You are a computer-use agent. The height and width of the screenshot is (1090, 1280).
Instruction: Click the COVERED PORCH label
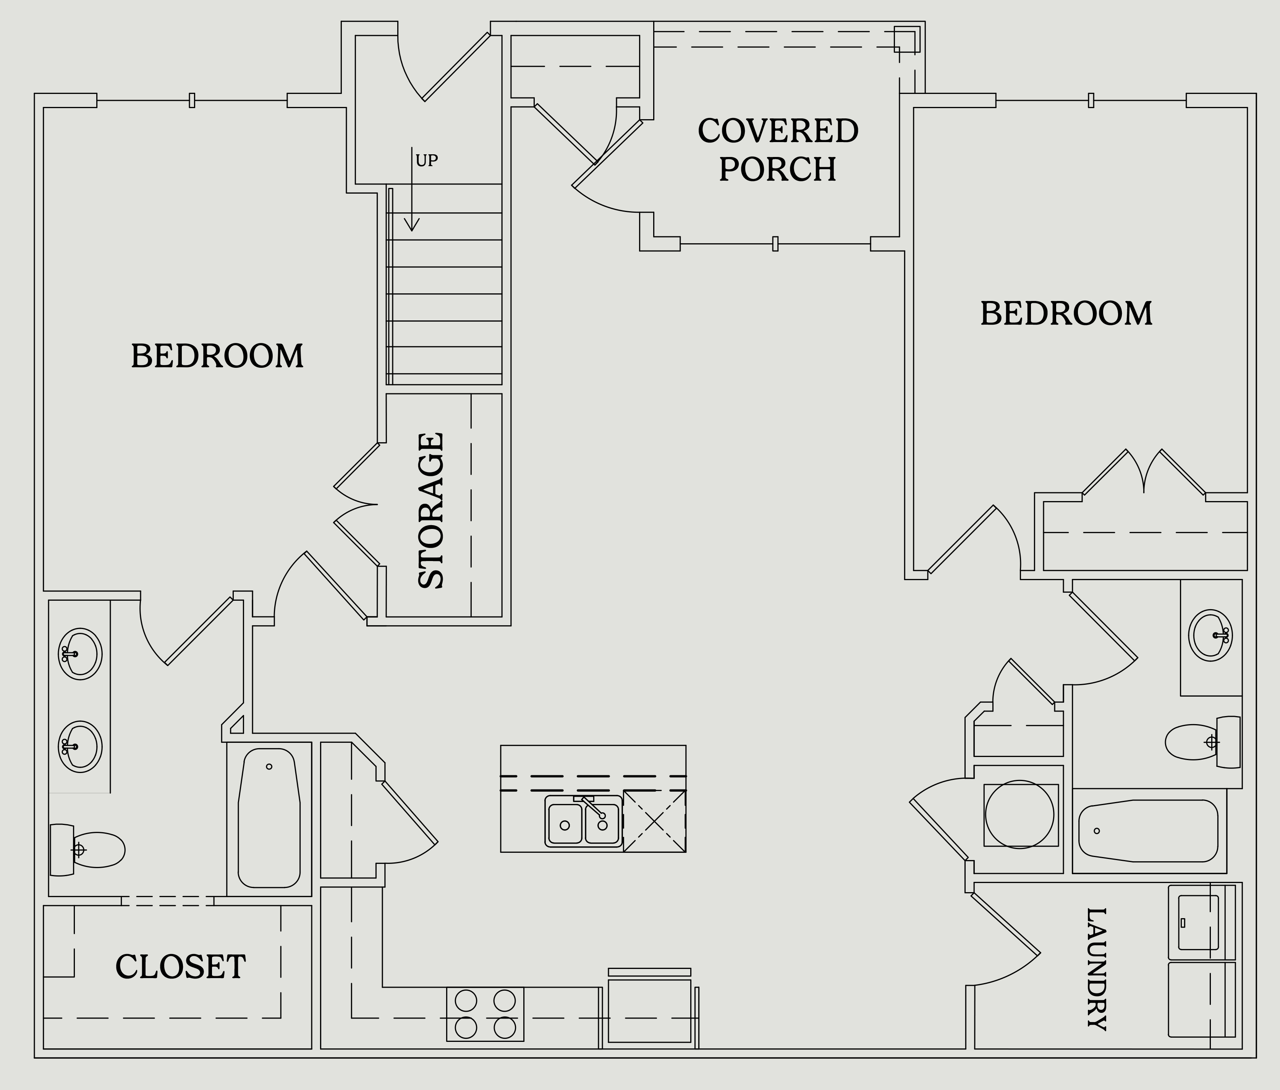[x=778, y=150]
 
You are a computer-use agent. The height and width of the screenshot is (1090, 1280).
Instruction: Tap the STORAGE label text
[x=431, y=510]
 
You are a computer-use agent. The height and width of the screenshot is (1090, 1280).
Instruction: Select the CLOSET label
[x=180, y=967]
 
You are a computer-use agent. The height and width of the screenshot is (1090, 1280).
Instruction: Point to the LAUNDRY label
[x=1097, y=969]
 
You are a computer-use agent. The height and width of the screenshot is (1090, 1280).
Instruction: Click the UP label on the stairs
[x=426, y=160]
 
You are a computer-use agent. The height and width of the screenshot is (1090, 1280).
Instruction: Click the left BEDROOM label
[x=217, y=356]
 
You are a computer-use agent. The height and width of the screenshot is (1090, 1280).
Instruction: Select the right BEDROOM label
[x=1066, y=314]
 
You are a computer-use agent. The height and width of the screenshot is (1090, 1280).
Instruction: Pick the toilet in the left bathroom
[x=86, y=850]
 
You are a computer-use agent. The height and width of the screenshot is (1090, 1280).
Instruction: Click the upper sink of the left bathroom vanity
[x=80, y=654]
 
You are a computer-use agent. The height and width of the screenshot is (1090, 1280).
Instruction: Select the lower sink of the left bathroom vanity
[x=80, y=747]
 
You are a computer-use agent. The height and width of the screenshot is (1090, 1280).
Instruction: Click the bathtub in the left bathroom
[x=269, y=818]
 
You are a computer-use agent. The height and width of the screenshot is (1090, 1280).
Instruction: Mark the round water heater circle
[x=1019, y=814]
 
